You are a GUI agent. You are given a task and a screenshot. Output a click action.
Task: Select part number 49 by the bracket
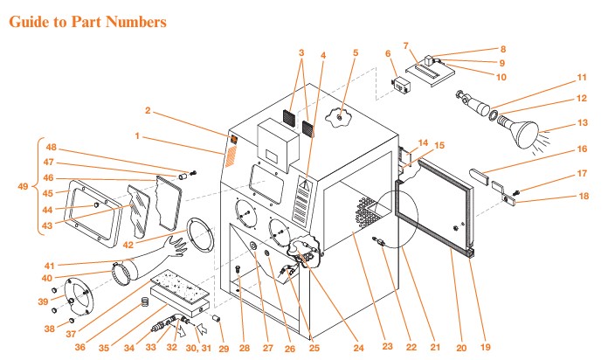[x=23, y=186]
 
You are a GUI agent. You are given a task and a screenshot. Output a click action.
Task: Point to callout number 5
[x=355, y=52]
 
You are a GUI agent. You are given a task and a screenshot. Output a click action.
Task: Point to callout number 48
[x=52, y=147]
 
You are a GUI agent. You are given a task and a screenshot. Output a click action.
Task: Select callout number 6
[x=387, y=53]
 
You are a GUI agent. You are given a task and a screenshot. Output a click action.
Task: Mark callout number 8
[x=503, y=49]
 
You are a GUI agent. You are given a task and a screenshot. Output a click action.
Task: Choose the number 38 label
[x=50, y=329]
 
